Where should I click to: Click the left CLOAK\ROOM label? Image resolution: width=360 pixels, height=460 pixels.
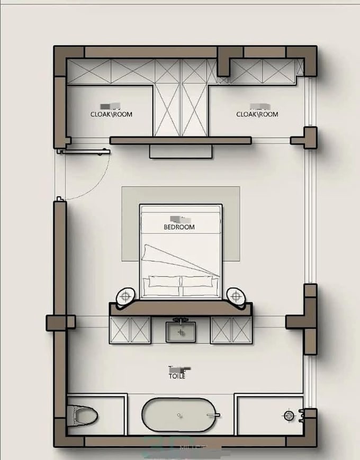coord(111,114)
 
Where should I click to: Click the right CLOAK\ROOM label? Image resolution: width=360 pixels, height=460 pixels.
coord(257,114)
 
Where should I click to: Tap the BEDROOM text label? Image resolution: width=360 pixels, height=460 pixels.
coord(179,227)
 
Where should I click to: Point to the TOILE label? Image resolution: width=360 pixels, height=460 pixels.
coord(177,376)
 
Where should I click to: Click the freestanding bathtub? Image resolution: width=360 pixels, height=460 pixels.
coord(180,416)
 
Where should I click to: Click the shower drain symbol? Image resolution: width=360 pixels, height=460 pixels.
coord(289,415)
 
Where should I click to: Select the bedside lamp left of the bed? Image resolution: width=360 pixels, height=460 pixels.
coord(127,295)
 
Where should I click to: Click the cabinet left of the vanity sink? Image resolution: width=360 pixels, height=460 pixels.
coord(130,330)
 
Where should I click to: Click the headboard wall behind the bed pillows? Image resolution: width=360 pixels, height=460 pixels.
coord(180,308)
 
